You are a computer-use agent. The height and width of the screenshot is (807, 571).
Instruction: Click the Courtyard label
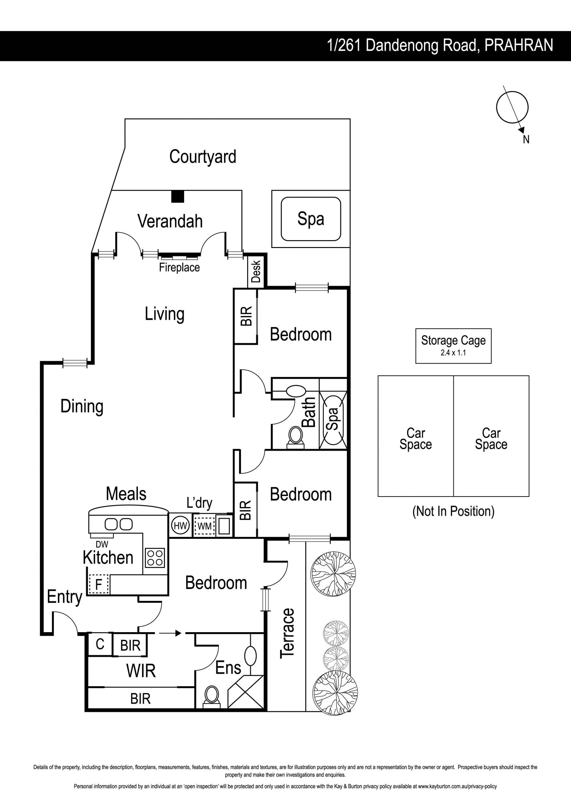click(x=203, y=157)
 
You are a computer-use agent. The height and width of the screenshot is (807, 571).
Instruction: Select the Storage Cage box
click(x=453, y=346)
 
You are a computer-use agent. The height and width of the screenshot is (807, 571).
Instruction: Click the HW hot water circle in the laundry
click(x=181, y=526)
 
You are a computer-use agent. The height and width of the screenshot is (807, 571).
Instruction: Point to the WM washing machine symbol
click(x=204, y=526)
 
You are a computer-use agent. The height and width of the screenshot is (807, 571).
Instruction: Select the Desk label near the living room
click(x=256, y=271)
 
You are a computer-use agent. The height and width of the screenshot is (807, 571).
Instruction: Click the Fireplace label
click(x=179, y=268)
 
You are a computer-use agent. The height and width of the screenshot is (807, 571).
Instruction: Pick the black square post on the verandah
click(x=178, y=197)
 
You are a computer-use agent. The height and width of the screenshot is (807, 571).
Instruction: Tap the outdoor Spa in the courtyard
click(x=311, y=219)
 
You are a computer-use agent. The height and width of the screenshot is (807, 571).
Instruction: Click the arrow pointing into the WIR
click(x=168, y=633)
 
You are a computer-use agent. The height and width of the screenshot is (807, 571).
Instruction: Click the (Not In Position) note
click(x=453, y=511)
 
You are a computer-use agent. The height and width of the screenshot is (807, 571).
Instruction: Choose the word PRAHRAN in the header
click(x=519, y=45)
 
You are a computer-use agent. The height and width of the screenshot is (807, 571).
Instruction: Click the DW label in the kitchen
click(x=102, y=544)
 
